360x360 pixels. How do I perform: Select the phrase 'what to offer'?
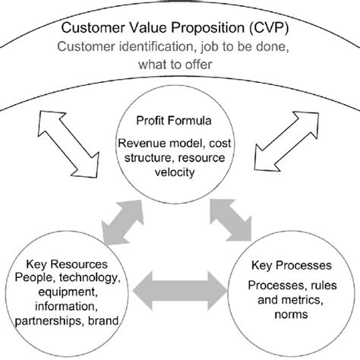click(179, 67)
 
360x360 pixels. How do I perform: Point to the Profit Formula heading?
click(179, 121)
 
